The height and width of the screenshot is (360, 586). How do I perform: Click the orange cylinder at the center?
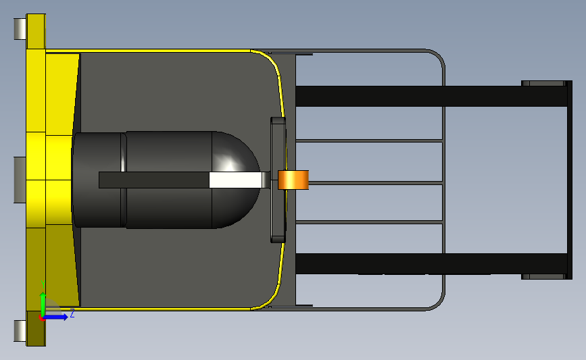click(293, 180)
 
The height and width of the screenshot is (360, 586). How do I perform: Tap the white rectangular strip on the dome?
click(235, 180)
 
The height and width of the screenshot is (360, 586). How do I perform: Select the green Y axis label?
click(43, 284)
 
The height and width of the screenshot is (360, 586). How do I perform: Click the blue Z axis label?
click(72, 313)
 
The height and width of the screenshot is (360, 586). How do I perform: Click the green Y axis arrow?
click(43, 304)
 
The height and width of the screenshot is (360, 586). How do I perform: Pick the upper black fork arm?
click(432, 96)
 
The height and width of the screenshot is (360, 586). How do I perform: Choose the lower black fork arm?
click(432, 263)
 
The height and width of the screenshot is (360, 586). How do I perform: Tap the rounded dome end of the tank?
click(236, 180)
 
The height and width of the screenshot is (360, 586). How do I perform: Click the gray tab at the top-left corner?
click(20, 29)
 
